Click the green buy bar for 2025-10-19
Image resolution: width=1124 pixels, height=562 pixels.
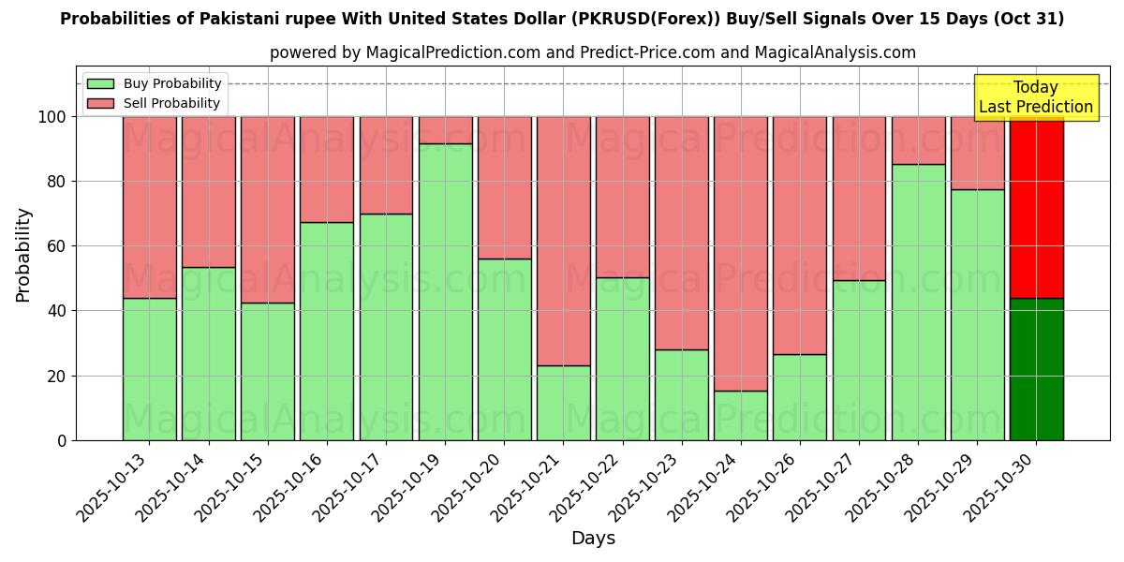(445, 291)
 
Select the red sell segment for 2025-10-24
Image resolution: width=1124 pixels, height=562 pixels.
(741, 253)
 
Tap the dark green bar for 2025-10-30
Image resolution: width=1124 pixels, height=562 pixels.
(1036, 369)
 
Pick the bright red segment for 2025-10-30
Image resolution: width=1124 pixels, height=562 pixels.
(1036, 207)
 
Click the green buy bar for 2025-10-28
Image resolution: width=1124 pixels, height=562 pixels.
(918, 302)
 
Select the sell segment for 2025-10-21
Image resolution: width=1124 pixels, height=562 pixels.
(563, 241)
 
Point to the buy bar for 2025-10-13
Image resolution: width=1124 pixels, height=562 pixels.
(149, 369)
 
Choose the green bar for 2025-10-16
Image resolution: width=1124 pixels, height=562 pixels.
(327, 331)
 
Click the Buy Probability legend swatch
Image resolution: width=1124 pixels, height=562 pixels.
(100, 84)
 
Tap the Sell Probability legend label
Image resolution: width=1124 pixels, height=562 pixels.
(171, 104)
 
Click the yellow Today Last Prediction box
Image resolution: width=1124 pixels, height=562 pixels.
(1035, 97)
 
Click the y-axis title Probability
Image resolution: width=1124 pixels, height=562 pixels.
(23, 255)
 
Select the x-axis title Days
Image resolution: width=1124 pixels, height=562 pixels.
(593, 539)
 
